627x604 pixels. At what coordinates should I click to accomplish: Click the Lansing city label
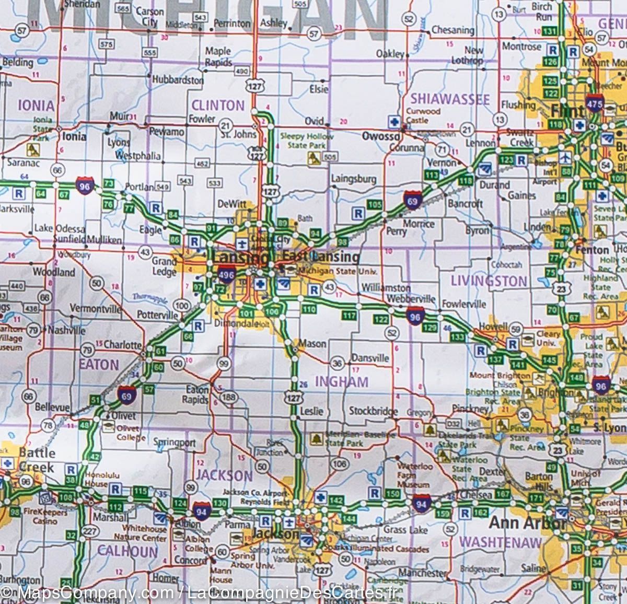240,257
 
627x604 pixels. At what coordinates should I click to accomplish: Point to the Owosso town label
381,136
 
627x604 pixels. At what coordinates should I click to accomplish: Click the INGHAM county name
341,382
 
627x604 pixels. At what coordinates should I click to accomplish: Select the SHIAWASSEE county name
449,99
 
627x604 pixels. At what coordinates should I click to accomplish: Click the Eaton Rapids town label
198,394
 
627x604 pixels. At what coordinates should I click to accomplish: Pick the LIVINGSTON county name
489,281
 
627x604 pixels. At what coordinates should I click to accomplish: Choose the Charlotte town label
123,345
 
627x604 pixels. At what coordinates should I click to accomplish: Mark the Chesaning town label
453,30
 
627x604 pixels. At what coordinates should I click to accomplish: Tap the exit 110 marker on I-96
309,309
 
